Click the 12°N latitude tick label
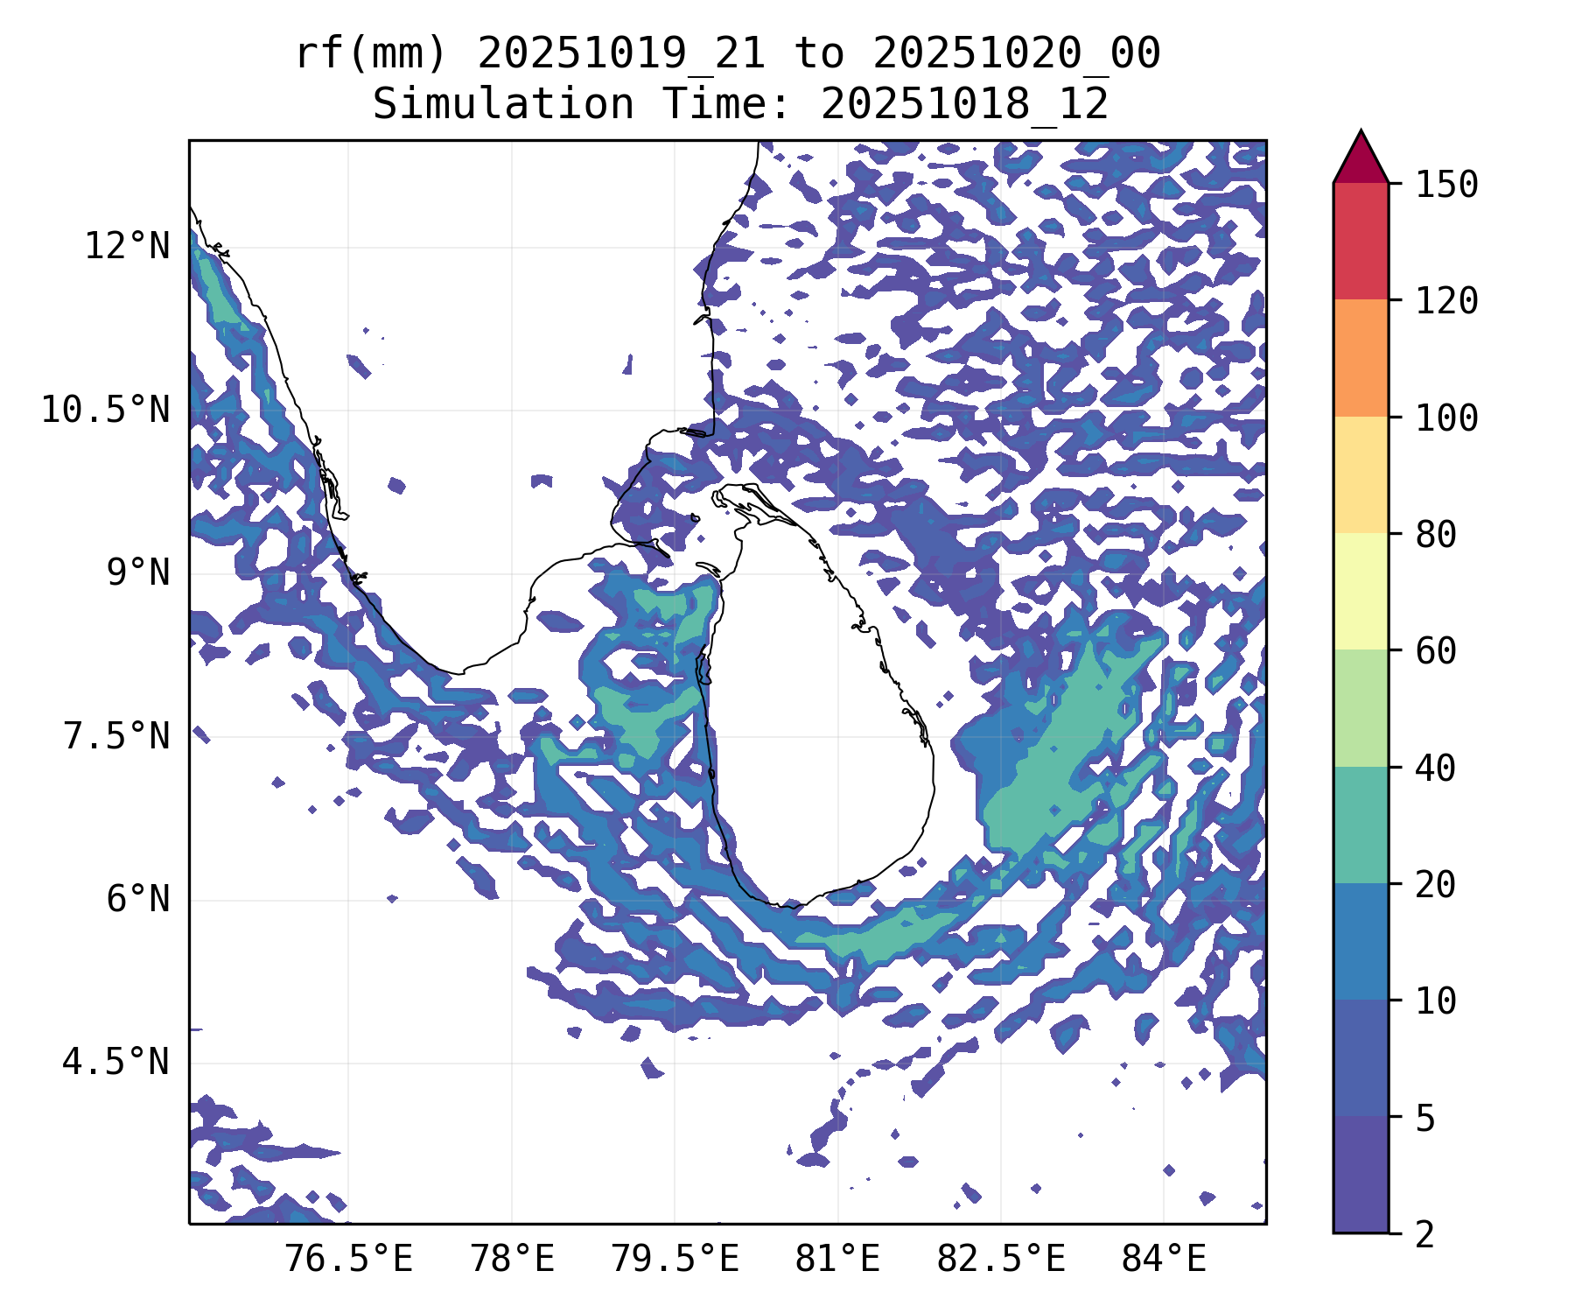[127, 247]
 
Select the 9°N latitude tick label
[138, 573]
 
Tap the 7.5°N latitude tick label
[116, 736]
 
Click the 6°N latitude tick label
[138, 900]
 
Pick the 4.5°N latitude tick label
[116, 1063]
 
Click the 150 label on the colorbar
[1446, 185]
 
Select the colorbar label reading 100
[1446, 418]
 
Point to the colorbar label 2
[1425, 1234]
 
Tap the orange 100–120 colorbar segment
[1361, 358]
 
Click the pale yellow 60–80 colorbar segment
[1361, 591]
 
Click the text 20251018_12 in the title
[964, 105]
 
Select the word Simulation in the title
[503, 105]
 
